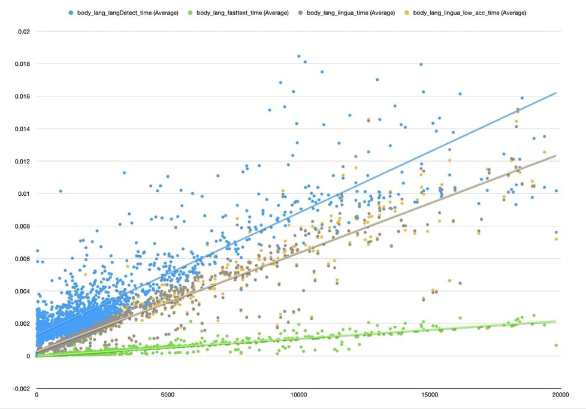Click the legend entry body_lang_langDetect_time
pos(128,13)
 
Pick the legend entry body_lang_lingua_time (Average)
pos(351,13)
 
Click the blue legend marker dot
pos(71,13)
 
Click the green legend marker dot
pos(190,13)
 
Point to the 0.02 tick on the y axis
pos(23,31)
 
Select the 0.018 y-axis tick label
pos(20,63)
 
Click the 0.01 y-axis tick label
pos(23,193)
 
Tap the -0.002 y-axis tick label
pos(19,389)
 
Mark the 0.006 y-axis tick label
pos(20,259)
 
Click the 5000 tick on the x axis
pos(168,395)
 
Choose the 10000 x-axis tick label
pos(298,395)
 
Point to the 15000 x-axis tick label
pos(429,395)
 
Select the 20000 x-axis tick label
pos(560,395)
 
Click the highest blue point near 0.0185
pos(299,56)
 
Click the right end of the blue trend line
pos(557,93)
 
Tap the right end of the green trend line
pos(557,322)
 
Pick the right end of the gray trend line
pos(557,155)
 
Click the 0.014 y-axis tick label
pos(20,129)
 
